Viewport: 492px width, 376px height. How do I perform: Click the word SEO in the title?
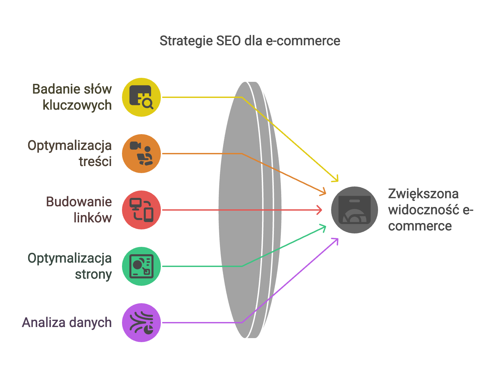click(228, 41)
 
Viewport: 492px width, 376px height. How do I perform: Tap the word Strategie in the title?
click(186, 41)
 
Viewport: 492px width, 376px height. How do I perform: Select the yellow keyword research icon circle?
click(141, 97)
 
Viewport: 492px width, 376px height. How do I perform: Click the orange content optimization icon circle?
click(141, 153)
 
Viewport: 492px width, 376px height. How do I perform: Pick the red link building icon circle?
click(141, 210)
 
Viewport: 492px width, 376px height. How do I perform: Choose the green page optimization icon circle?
click(141, 266)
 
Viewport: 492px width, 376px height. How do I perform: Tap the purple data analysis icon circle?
click(141, 323)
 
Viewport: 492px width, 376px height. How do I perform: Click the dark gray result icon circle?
click(354, 210)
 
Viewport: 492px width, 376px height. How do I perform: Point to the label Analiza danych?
click(67, 323)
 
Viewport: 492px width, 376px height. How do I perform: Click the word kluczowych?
click(77, 105)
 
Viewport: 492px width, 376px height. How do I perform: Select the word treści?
click(95, 161)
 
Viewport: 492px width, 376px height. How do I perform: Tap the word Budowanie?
click(79, 202)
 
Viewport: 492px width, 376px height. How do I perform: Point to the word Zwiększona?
click(423, 194)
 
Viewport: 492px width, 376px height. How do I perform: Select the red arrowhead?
click(319, 210)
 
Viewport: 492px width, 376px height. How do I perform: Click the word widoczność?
click(424, 210)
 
